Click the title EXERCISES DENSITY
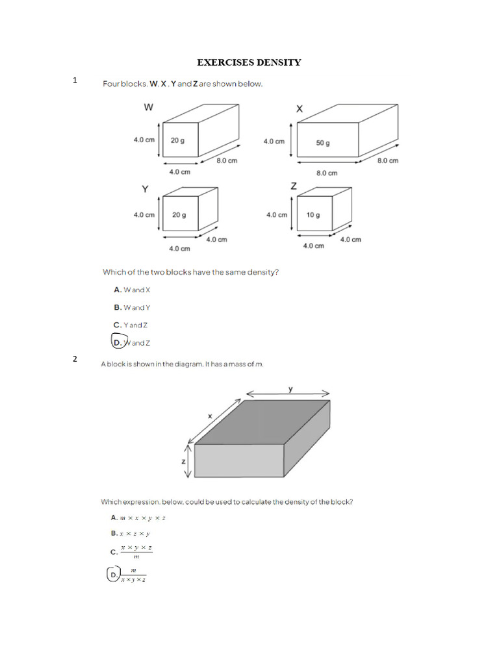[249, 62]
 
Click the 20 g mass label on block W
[177, 140]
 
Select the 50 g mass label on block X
[323, 143]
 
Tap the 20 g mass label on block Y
[177, 215]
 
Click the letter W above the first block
[148, 108]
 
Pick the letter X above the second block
[299, 109]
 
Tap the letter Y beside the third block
[145, 189]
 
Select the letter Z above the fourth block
[294, 186]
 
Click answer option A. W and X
[132, 290]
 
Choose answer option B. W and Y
[132, 308]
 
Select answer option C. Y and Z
[131, 325]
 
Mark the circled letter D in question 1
[118, 342]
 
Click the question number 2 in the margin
[75, 359]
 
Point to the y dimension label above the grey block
[290, 389]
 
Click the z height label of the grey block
[184, 461]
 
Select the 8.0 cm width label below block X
[327, 173]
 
